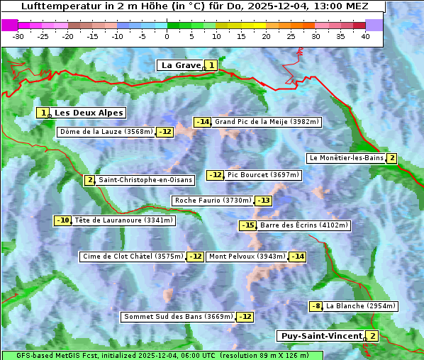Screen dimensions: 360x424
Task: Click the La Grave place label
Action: click(x=182, y=65)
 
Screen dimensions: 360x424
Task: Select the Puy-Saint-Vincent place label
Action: click(x=322, y=336)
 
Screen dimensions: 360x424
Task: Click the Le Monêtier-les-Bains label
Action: click(x=346, y=158)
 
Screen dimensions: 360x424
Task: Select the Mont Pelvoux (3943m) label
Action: click(x=247, y=257)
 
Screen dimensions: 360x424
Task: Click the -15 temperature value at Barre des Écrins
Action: click(x=247, y=225)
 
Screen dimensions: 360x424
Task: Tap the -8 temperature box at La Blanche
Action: click(x=316, y=306)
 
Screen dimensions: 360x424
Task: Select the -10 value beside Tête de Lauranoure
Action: click(x=63, y=220)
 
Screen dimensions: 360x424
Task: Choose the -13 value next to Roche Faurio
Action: click(x=263, y=201)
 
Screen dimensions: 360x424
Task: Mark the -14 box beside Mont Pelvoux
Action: click(x=297, y=257)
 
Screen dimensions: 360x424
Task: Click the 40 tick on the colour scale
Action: click(x=365, y=36)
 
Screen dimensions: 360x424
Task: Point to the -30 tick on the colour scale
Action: click(x=18, y=36)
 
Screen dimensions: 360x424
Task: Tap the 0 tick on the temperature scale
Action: click(x=167, y=36)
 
